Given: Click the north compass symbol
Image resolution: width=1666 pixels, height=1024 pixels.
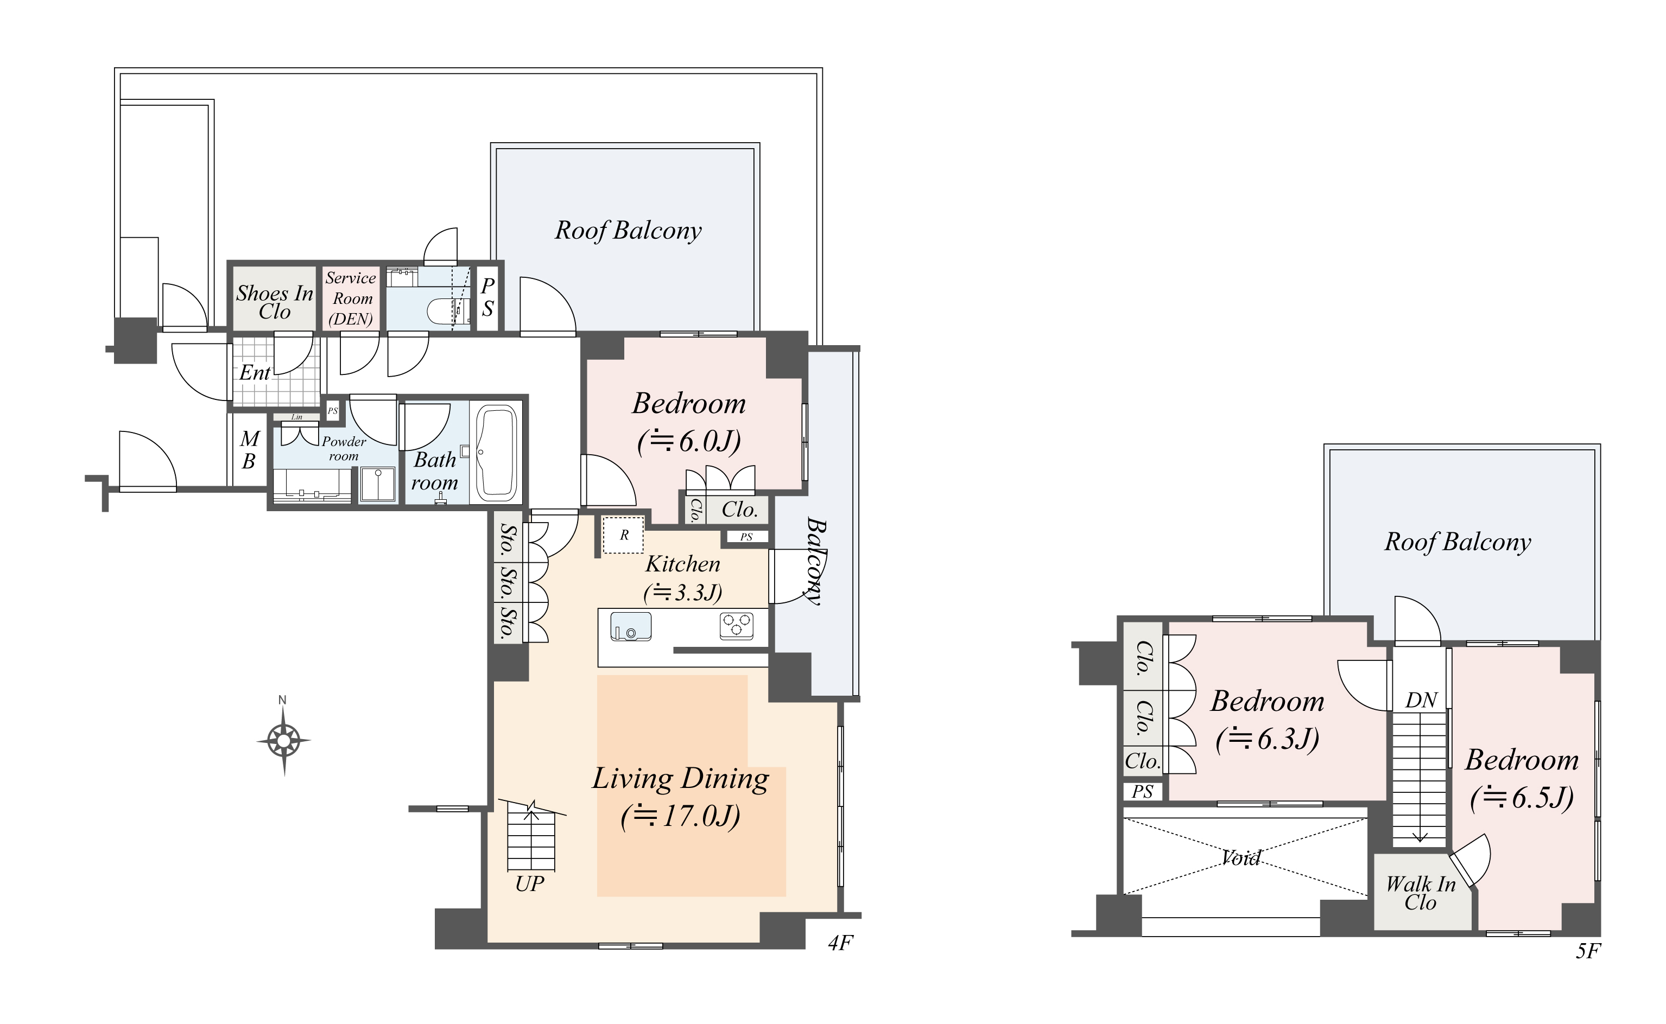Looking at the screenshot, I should [x=284, y=740].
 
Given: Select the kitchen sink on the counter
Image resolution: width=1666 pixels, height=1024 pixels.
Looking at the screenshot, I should [x=630, y=626].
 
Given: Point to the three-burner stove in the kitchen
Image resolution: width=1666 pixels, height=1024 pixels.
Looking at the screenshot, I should [x=737, y=625].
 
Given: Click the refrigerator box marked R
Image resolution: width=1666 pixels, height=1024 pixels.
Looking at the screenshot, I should [x=623, y=535].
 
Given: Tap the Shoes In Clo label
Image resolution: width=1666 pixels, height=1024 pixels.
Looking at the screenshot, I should [x=274, y=302].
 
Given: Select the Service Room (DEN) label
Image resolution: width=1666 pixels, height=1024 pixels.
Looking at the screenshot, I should [x=350, y=298].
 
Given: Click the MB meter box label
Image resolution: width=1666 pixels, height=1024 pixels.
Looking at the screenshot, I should [x=249, y=450].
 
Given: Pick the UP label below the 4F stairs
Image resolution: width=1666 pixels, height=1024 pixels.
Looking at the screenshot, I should [x=529, y=884].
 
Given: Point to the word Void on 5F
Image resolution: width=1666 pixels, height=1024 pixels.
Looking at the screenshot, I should [x=1240, y=858].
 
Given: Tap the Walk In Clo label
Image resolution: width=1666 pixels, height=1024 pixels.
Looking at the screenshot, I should [x=1420, y=893].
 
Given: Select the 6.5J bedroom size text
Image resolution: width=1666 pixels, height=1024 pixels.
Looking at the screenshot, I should [x=1522, y=798].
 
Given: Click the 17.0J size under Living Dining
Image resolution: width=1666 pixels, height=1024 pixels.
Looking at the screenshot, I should [x=680, y=817].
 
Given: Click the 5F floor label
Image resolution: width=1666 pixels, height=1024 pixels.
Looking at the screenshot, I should [x=1587, y=951].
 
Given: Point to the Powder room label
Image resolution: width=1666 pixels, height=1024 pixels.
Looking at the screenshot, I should [x=344, y=448].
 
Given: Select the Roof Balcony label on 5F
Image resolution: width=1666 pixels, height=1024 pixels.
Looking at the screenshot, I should [x=1458, y=542].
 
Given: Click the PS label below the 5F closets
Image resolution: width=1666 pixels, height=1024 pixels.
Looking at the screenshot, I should [x=1142, y=791].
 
